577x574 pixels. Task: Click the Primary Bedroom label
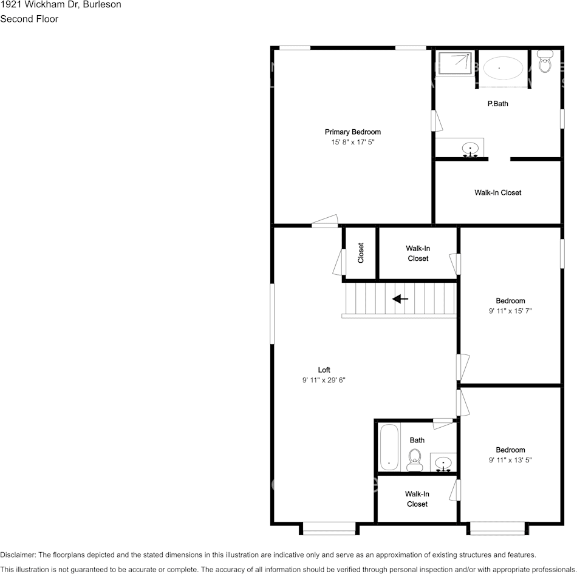pos(352,132)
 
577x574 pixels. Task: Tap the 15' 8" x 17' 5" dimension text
pos(352,142)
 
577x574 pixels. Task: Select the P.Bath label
pos(497,104)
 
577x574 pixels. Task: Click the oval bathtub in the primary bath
pos(499,68)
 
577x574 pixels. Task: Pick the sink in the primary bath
pos(469,148)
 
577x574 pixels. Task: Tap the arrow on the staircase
pos(400,299)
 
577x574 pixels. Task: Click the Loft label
pos(324,370)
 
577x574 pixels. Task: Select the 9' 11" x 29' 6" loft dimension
pos(324,380)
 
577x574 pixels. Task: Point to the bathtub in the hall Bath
pos(389,447)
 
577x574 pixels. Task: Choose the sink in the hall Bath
pos(443,463)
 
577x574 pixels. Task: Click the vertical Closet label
pos(361,253)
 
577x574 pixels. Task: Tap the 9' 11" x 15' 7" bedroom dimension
pos(510,311)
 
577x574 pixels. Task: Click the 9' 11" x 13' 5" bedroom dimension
pos(510,460)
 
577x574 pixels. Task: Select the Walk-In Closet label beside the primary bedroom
pos(497,192)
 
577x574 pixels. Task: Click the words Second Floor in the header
pos(29,19)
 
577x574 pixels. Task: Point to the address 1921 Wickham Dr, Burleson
pos(61,5)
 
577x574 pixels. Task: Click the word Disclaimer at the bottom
pos(18,555)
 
